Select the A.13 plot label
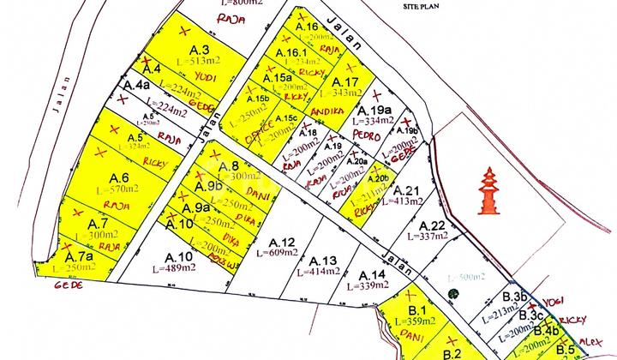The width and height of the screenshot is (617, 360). (x=322, y=261)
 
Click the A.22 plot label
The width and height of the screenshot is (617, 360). (x=430, y=224)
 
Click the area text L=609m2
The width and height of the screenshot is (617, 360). (x=277, y=255)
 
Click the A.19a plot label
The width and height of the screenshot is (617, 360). (x=374, y=110)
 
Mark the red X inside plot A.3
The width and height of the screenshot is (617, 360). (x=184, y=31)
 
